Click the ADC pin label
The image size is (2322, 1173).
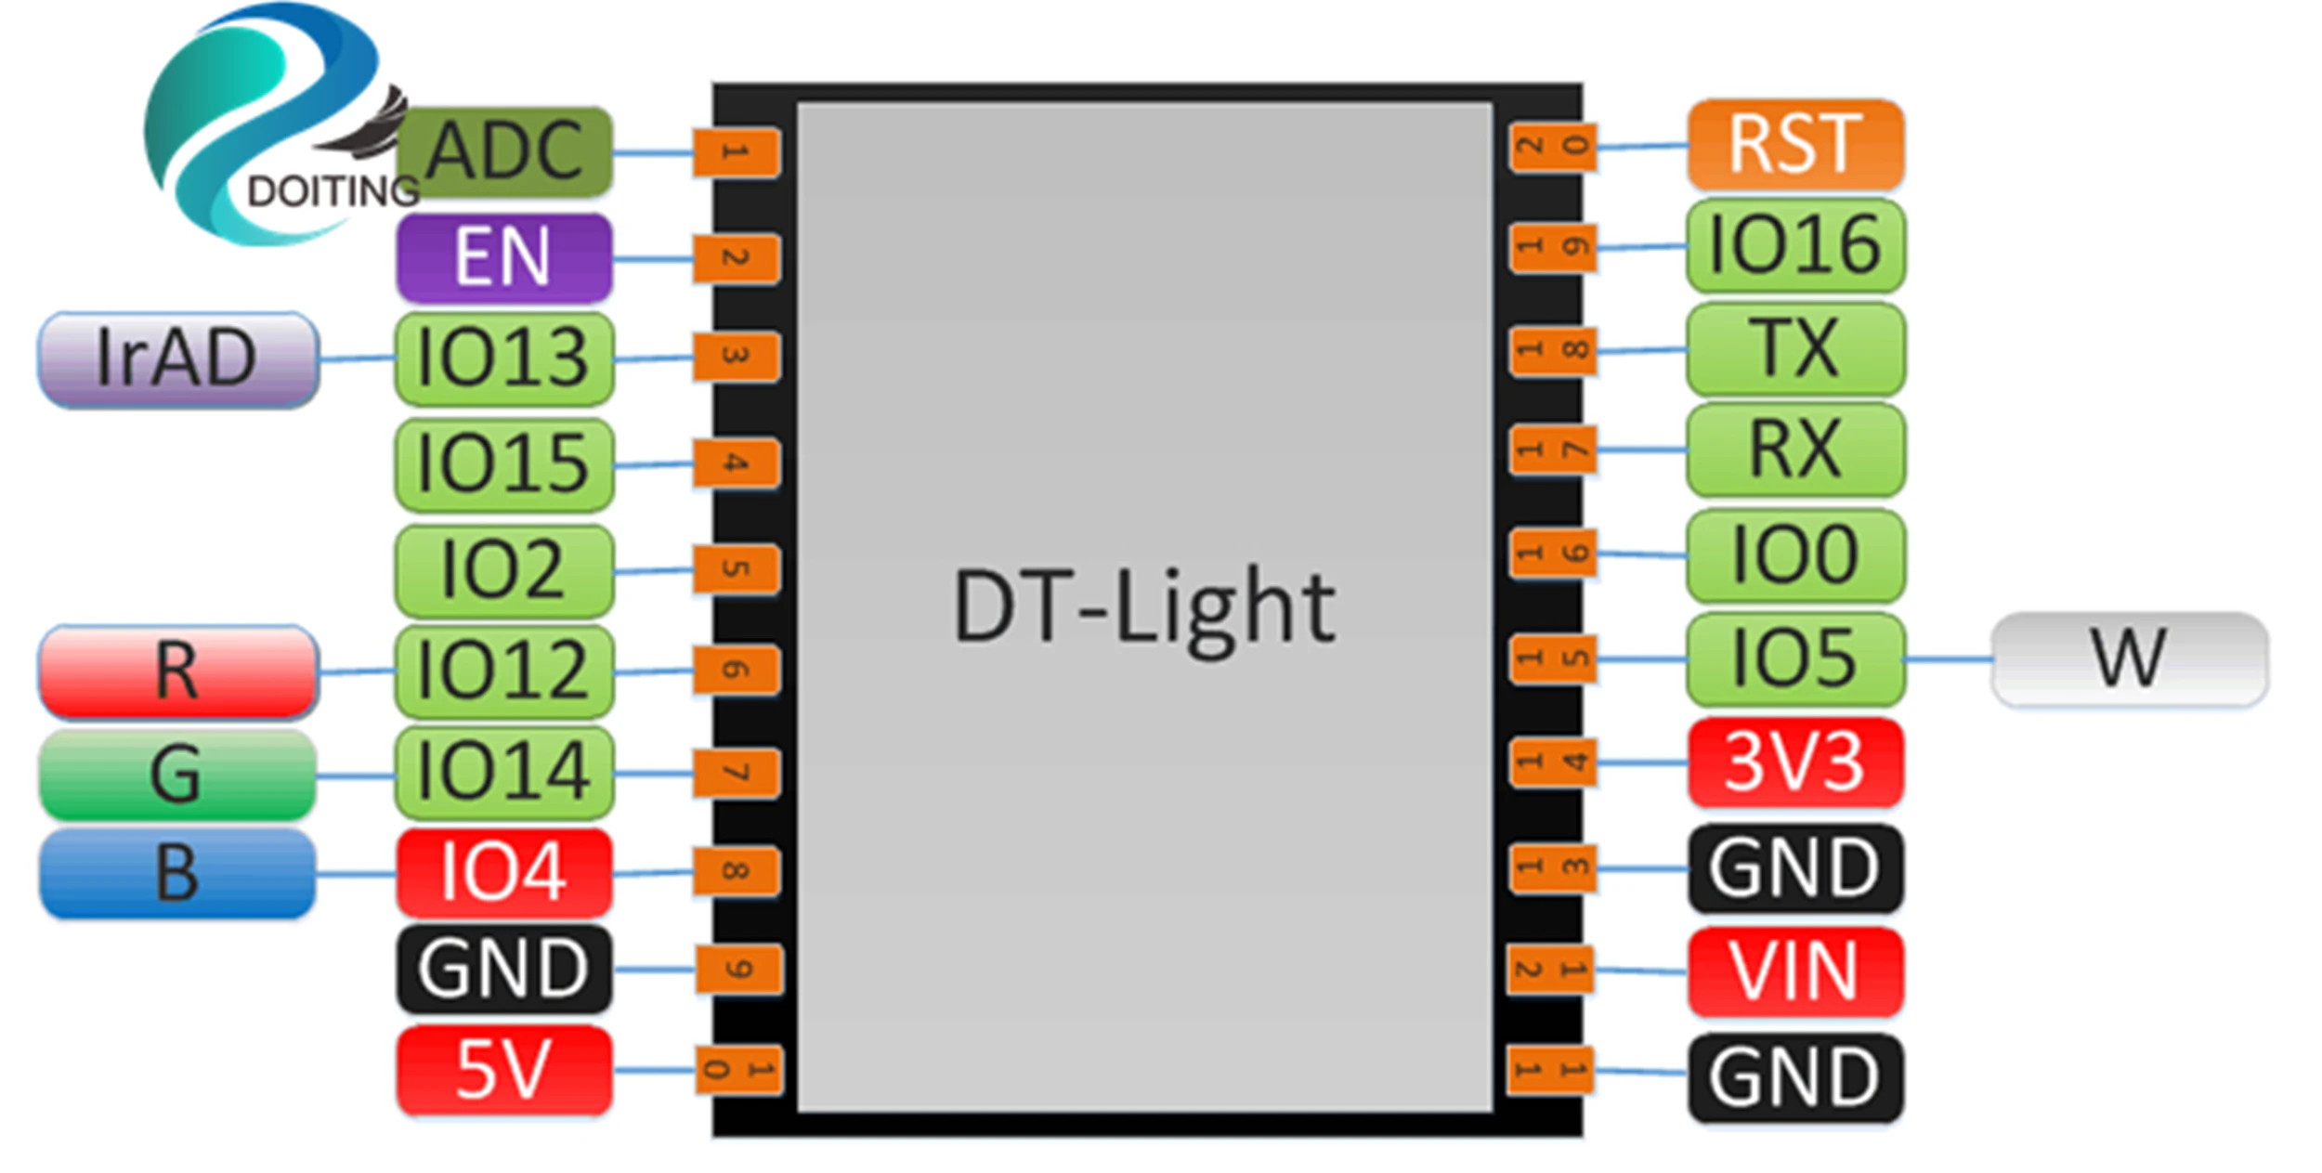coord(504,151)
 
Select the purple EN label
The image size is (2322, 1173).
coord(504,257)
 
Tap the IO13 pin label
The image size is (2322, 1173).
coord(504,358)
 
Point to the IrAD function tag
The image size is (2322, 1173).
coord(178,358)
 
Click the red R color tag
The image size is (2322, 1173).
coord(178,671)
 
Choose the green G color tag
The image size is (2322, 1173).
coord(178,775)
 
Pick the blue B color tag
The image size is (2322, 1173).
coord(178,873)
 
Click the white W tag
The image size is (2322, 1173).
coord(2129,658)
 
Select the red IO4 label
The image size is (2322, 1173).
coord(504,873)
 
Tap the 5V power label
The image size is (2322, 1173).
coord(504,1070)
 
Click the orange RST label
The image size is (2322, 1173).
coord(1795,145)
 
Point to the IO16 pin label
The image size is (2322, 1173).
coord(1795,246)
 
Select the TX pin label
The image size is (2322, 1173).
coord(1795,349)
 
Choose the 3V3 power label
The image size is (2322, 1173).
coord(1795,762)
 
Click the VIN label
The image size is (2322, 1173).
coord(1795,971)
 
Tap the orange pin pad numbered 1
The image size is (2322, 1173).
coord(736,152)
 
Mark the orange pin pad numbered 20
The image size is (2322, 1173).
coord(1553,147)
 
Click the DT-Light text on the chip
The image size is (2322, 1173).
coord(1144,608)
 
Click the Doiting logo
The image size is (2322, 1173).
coord(269,125)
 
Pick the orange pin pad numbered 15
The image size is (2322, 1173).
coord(1553,658)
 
